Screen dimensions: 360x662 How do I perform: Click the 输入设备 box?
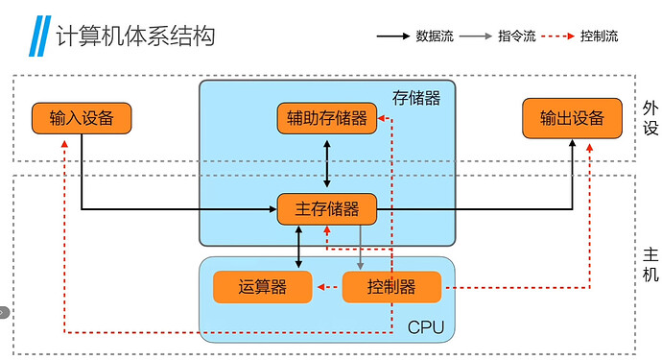(81, 118)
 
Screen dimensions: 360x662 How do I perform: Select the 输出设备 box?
(572, 118)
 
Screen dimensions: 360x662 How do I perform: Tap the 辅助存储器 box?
(326, 118)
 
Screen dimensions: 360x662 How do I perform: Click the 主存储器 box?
(326, 208)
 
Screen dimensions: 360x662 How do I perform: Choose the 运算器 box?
(262, 286)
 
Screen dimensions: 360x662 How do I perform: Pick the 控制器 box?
(391, 286)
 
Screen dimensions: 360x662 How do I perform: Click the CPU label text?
(426, 326)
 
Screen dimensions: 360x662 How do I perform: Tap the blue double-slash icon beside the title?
(39, 36)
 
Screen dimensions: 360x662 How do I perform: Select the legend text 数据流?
(435, 36)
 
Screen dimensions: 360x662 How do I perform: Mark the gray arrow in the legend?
(476, 36)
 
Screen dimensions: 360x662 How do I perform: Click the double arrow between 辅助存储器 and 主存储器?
(327, 163)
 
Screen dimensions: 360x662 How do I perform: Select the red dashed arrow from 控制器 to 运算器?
(327, 286)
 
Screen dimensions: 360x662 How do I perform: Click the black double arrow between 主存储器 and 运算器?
(299, 248)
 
